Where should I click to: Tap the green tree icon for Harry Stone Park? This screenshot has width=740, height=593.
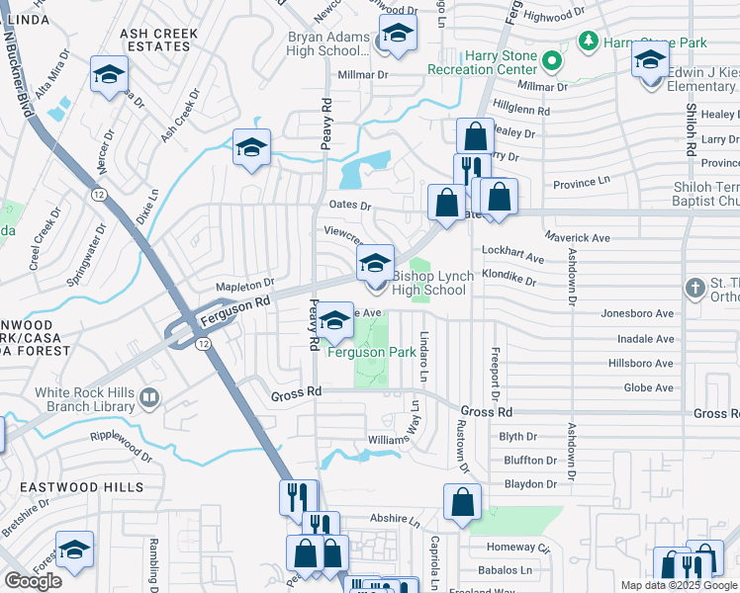click(x=589, y=42)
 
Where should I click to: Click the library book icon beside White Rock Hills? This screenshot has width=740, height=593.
click(x=149, y=398)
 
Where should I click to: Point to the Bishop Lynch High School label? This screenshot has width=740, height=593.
click(x=428, y=283)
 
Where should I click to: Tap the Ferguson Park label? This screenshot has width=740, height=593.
click(x=371, y=352)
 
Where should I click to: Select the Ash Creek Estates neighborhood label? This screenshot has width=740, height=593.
click(x=158, y=40)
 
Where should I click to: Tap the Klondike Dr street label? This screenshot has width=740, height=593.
click(x=509, y=280)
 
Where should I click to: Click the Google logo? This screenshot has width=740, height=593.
click(x=33, y=581)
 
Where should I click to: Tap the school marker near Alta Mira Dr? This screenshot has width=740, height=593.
click(x=109, y=73)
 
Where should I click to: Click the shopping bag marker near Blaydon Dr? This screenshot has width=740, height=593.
click(x=462, y=502)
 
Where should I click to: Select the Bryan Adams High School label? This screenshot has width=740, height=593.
click(x=327, y=43)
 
